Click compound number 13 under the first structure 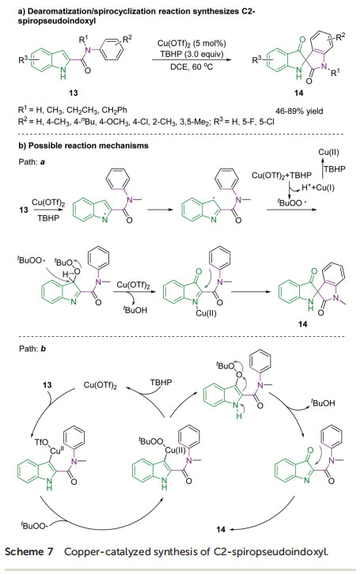pos(73,93)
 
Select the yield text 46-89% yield pos(299,111)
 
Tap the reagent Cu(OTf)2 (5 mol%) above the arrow pos(191,44)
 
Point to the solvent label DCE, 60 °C pos(191,66)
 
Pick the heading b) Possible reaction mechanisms pos(83,146)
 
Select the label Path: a pos(32,161)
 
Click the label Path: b pos(32,349)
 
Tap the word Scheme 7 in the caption pos(29,552)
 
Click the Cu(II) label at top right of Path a pos(328,153)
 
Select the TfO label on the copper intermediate pos(41,443)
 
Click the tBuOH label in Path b pos(323,403)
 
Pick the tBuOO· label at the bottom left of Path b pos(34,526)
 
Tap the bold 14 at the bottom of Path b pos(221,529)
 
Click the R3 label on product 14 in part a pos(257,59)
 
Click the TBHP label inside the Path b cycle pos(161,383)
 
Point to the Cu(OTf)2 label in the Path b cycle pos(100,385)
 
